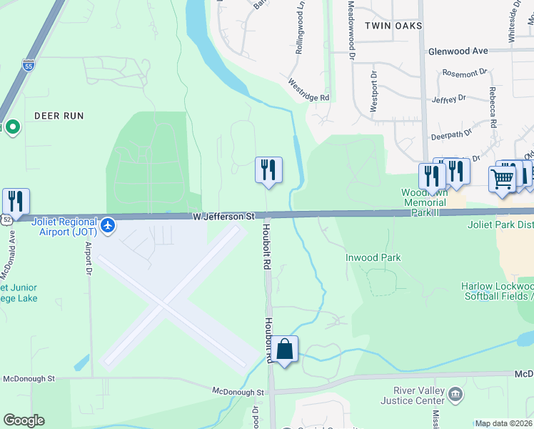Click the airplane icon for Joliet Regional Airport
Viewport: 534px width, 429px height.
tap(107, 225)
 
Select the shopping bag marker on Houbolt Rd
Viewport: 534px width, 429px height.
tap(284, 350)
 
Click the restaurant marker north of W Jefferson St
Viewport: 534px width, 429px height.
tap(268, 170)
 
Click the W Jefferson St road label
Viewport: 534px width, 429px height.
tap(223, 215)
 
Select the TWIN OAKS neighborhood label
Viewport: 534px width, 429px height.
tap(393, 26)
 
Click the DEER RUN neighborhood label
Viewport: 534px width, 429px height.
tap(59, 115)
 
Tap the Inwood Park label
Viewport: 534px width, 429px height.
tap(373, 257)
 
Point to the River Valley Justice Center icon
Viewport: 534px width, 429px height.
tap(455, 393)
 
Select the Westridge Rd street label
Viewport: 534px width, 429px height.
tap(309, 90)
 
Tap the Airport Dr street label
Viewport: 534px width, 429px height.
tap(89, 253)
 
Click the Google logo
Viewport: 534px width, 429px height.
tap(24, 420)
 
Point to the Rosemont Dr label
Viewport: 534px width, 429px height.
tap(464, 72)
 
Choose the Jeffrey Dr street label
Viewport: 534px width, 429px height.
tap(448, 98)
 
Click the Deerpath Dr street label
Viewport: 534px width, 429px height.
tap(451, 134)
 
